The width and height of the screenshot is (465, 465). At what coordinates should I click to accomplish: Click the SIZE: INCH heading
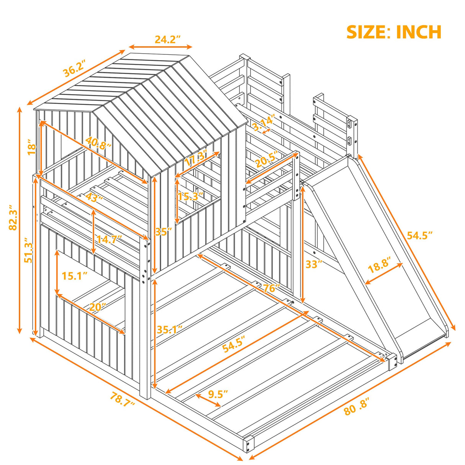(394, 32)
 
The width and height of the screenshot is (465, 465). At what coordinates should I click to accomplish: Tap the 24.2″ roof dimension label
(167, 39)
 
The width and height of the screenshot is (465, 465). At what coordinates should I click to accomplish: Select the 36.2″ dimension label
(74, 68)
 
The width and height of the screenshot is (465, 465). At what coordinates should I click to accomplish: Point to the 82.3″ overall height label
(13, 217)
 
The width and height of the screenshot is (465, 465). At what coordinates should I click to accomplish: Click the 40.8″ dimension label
(98, 145)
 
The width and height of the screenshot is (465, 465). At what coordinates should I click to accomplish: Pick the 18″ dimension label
(32, 148)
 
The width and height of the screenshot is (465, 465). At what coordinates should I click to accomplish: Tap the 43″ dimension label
(94, 198)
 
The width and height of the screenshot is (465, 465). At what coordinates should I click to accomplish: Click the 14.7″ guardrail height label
(109, 239)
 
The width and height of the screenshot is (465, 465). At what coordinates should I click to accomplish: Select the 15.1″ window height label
(75, 275)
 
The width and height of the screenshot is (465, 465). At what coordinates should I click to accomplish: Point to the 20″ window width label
(98, 306)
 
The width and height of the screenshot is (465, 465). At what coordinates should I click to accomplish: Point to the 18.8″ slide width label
(378, 265)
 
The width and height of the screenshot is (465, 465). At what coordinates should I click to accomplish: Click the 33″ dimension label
(313, 264)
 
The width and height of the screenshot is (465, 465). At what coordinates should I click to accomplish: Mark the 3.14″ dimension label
(263, 121)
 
